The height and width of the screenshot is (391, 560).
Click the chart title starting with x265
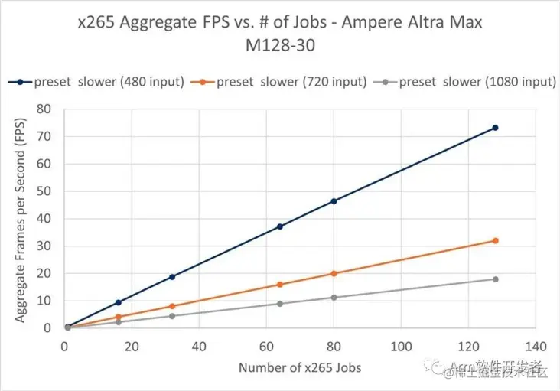[280, 34]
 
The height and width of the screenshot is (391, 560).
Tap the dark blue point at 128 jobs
[496, 128]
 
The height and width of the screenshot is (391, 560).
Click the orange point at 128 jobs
[496, 240]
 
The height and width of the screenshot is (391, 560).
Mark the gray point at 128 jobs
[496, 279]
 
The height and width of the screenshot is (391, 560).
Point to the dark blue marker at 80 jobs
[334, 201]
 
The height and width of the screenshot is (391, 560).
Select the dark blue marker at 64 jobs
[280, 226]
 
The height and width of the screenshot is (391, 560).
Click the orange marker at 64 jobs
[280, 285]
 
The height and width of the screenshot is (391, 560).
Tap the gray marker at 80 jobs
[334, 298]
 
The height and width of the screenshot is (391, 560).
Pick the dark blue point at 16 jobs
[118, 302]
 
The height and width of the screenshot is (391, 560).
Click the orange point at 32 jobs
[172, 306]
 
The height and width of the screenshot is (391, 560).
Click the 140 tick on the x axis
[536, 347]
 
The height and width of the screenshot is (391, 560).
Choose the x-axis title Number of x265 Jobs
[300, 367]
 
